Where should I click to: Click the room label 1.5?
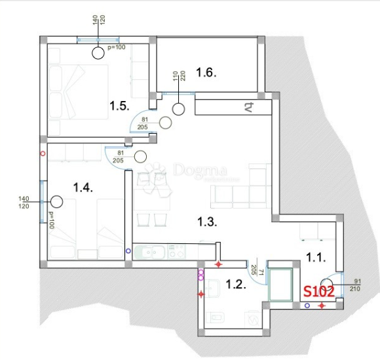tap(119, 105)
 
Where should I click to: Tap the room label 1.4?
tap(83, 188)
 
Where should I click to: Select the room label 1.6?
tap(206, 72)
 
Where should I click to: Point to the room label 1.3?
tap(206, 222)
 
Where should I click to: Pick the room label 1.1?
tap(315, 258)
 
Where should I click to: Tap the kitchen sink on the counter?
tap(155, 251)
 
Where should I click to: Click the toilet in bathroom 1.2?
tap(216, 319)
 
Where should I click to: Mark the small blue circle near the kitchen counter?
tap(128, 250)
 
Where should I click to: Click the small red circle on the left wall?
tap(43, 154)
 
